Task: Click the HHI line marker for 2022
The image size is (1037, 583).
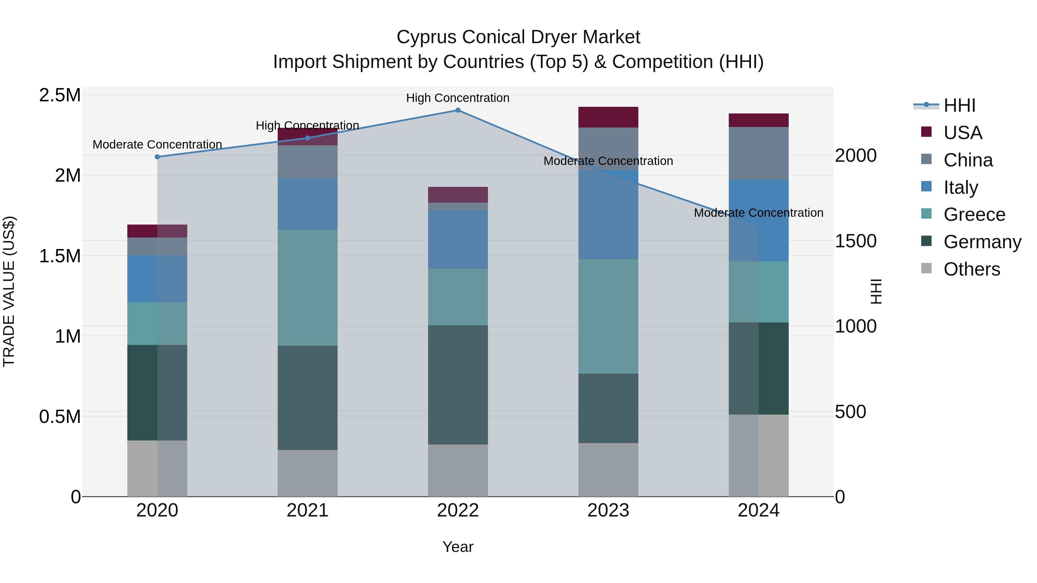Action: coord(458,110)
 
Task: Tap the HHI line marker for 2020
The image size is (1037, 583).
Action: coord(157,157)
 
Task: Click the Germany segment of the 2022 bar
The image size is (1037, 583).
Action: coord(458,385)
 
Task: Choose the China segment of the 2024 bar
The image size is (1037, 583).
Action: coord(758,153)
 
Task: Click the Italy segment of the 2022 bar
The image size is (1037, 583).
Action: coord(458,240)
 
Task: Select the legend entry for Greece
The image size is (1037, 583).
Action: coord(974,214)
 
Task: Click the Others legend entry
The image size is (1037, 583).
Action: coord(971,269)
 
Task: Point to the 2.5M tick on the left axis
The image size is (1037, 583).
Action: coord(60,95)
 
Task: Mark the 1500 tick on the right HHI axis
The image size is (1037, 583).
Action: coord(856,241)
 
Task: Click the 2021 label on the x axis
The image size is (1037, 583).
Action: coord(308,510)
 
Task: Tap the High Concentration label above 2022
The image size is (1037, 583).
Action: coord(458,98)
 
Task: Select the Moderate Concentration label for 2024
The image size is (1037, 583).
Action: coord(758,212)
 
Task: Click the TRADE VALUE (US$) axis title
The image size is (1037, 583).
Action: coord(9,291)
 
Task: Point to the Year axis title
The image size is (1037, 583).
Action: coord(458,547)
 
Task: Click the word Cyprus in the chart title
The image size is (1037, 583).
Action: coord(427,37)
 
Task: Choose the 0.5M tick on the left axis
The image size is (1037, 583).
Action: coord(60,416)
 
